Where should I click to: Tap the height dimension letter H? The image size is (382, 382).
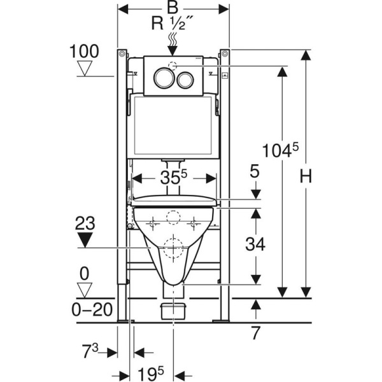(x=306, y=177)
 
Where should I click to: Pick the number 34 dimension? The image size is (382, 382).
(x=255, y=243)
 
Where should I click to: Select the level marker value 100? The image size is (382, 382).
(x=85, y=52)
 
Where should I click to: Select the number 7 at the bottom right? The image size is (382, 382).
(x=255, y=332)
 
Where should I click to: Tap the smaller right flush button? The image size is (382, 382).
(x=185, y=78)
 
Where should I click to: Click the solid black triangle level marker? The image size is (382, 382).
(x=84, y=240)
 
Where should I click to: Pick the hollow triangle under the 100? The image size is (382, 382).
(x=85, y=68)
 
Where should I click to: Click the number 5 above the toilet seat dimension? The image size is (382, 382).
(x=255, y=171)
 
